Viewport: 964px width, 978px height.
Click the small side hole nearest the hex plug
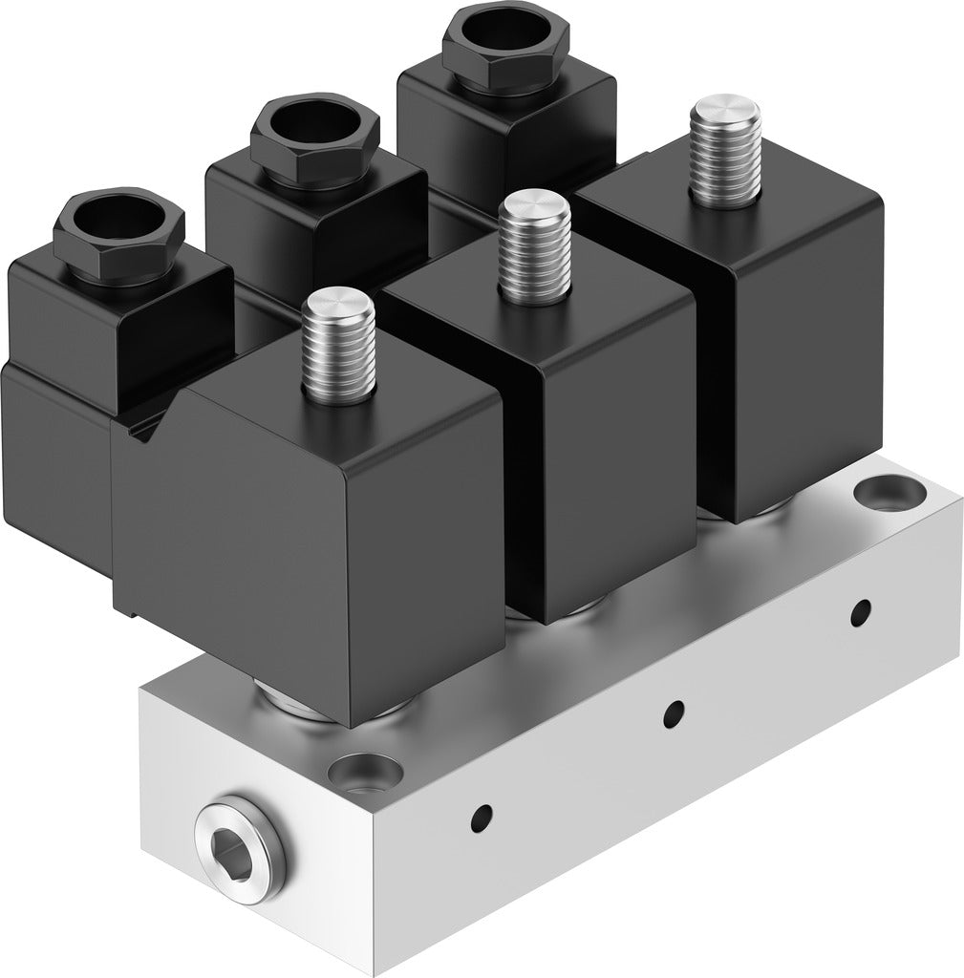point(483,816)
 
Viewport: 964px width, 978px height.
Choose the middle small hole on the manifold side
point(674,711)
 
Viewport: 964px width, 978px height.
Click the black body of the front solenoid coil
point(315,535)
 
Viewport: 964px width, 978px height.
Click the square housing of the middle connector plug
point(315,224)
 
